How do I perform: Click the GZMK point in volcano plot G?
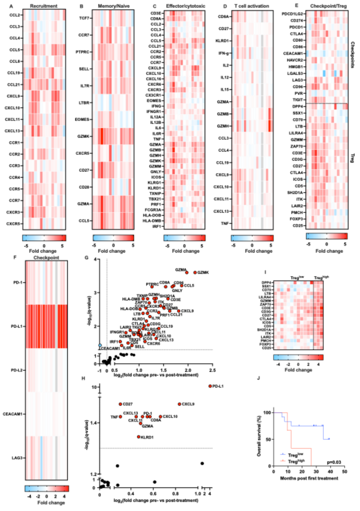click(x=195, y=273)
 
